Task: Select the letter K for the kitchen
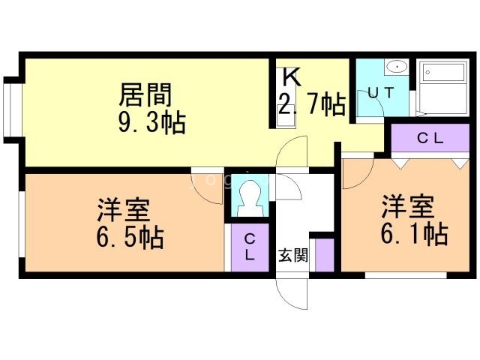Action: (x=291, y=78)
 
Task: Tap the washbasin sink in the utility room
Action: (x=396, y=68)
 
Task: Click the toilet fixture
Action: (x=247, y=197)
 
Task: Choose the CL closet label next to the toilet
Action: (x=249, y=246)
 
